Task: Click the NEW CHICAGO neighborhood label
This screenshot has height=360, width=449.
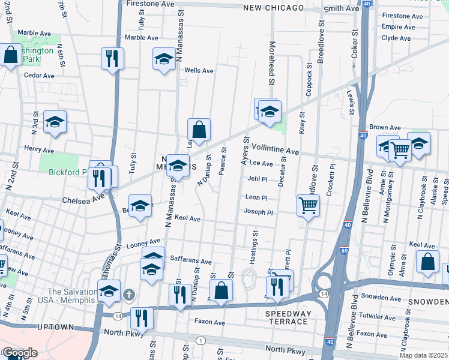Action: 273,8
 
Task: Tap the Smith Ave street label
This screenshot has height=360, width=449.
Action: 341,8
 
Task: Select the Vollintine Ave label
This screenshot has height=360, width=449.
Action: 275,148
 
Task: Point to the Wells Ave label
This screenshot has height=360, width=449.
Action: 199,70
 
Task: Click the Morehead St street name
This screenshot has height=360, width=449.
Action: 271,67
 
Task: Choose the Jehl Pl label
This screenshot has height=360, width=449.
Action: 256,179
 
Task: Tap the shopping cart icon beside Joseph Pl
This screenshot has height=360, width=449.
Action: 308,206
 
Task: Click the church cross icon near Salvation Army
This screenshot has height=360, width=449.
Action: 129,295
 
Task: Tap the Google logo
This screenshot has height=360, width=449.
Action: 19,353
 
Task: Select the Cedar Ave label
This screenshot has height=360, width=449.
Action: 39,76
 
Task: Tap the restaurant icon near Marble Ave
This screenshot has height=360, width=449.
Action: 112,58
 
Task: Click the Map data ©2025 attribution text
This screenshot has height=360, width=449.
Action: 423,355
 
